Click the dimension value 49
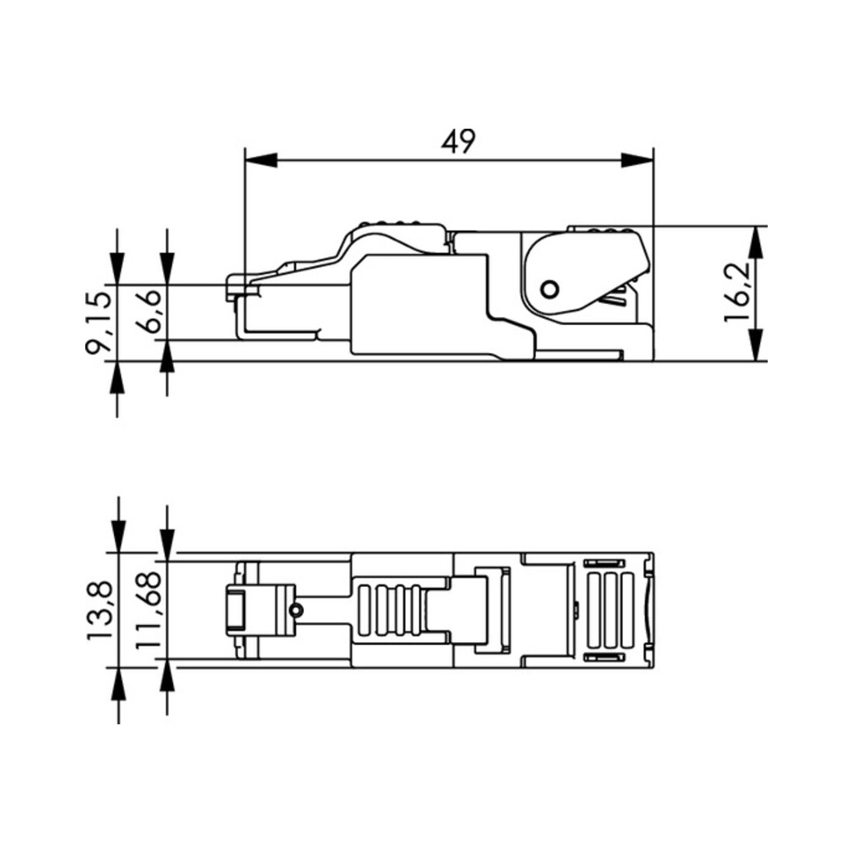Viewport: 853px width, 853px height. (458, 141)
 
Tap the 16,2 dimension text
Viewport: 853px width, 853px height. (737, 292)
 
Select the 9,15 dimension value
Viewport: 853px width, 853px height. (99, 323)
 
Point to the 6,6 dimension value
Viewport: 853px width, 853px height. (148, 311)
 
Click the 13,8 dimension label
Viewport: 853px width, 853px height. (100, 610)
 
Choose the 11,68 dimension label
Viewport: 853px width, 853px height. (149, 610)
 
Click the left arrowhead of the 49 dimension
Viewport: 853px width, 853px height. (261, 161)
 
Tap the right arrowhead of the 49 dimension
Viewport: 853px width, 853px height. (637, 161)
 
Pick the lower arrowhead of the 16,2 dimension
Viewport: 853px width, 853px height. (755, 345)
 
